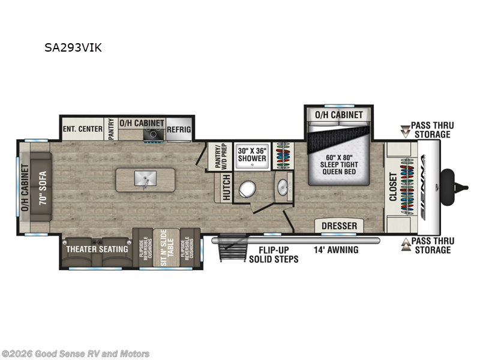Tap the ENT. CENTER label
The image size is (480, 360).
(82, 128)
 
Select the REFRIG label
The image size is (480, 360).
(179, 128)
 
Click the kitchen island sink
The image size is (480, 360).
(146, 179)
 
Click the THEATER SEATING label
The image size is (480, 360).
(97, 249)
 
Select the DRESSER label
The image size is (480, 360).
(340, 226)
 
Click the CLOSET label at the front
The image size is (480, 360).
(393, 187)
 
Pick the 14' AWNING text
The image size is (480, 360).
(336, 250)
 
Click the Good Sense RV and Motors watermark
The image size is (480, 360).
(76, 354)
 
